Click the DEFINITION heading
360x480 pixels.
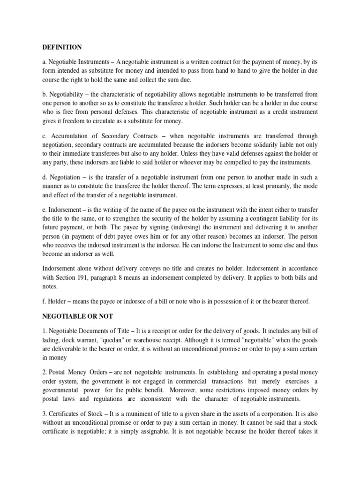tap(62, 47)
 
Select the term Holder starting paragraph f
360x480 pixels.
tap(59, 301)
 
